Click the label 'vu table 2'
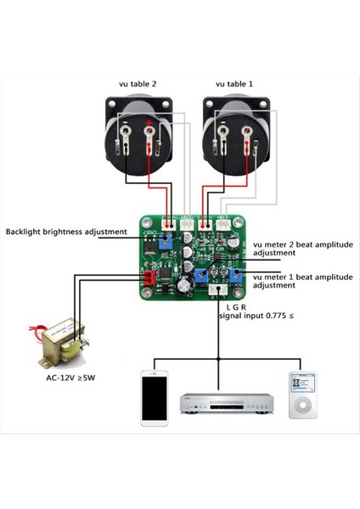coord(138,84)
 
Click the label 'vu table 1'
coord(234,84)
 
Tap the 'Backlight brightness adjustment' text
coord(66,232)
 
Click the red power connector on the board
coord(148,279)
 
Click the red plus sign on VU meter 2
coord(149,129)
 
